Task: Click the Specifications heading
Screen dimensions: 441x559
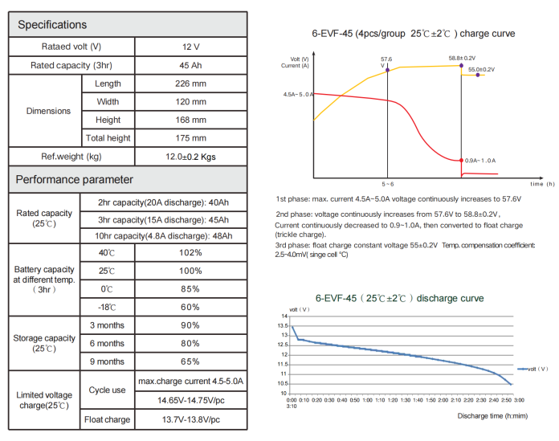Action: click(x=53, y=25)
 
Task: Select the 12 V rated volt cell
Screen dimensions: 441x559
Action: click(x=190, y=47)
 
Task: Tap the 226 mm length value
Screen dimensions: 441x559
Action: click(x=190, y=84)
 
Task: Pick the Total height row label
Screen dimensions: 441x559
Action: click(x=108, y=138)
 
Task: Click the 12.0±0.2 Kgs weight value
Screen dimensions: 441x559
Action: click(x=190, y=157)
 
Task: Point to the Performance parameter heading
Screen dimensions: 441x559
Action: click(x=75, y=179)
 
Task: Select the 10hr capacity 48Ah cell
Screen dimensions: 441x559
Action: click(x=165, y=235)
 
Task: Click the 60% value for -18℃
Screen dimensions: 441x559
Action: click(x=190, y=307)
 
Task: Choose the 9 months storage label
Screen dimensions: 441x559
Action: click(x=107, y=361)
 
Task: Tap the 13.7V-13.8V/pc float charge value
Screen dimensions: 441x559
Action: click(x=190, y=419)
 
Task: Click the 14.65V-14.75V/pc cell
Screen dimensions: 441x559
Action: click(x=190, y=399)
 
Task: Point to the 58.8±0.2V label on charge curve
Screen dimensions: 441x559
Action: click(x=462, y=59)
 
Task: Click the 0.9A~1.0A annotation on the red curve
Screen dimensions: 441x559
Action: click(x=480, y=161)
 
